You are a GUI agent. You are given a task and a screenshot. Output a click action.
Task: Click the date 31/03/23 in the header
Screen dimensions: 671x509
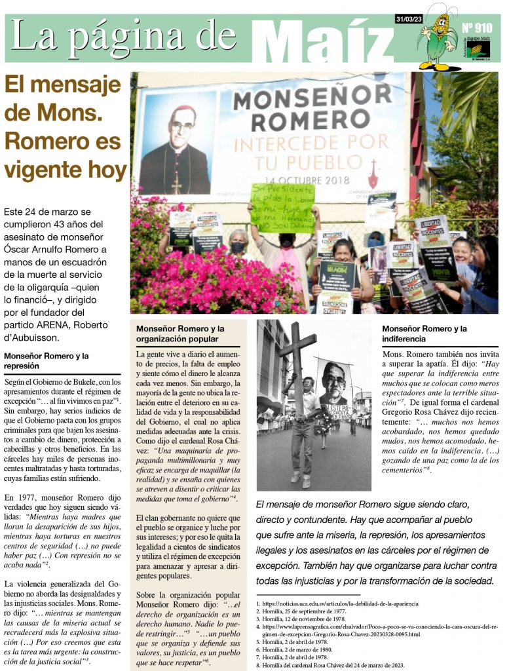(x=408, y=19)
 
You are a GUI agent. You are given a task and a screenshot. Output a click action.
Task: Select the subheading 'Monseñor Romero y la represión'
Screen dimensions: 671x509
(x=46, y=361)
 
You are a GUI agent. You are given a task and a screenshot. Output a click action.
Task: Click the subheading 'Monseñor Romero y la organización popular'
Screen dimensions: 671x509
(x=180, y=334)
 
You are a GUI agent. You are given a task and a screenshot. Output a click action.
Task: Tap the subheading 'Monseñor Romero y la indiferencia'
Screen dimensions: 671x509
(x=424, y=334)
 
